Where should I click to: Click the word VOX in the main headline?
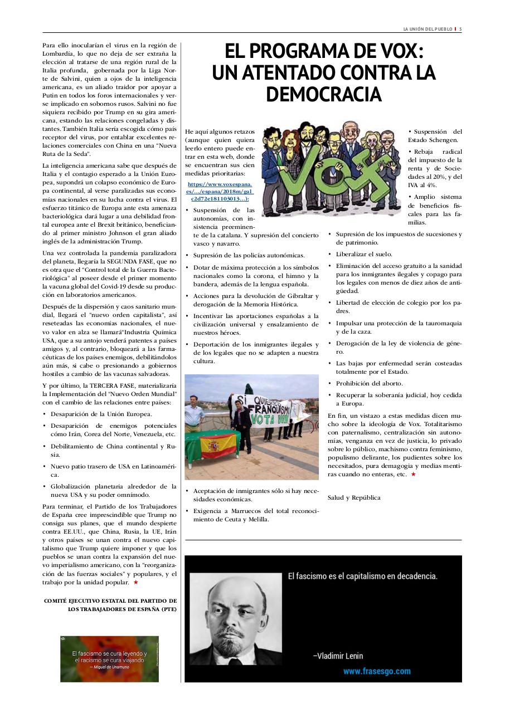pyautogui.click(x=396, y=52)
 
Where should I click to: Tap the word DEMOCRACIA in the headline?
pyautogui.click(x=323, y=95)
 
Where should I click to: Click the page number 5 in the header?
pyautogui.click(x=460, y=29)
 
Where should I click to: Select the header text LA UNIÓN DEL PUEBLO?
pyautogui.click(x=427, y=29)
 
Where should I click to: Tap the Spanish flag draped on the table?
pyautogui.click(x=213, y=446)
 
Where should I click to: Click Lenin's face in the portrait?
pyautogui.click(x=234, y=613)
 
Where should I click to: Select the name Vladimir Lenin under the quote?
pyautogui.click(x=338, y=656)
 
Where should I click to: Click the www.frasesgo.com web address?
pyautogui.click(x=376, y=671)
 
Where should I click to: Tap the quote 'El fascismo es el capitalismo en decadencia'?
pyautogui.click(x=362, y=576)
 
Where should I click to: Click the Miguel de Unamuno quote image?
pyautogui.click(x=109, y=659)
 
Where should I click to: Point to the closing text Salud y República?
pyautogui.click(x=354, y=497)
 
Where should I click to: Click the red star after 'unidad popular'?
pyautogui.click(x=135, y=583)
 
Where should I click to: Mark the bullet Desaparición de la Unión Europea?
pyautogui.click(x=101, y=414)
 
